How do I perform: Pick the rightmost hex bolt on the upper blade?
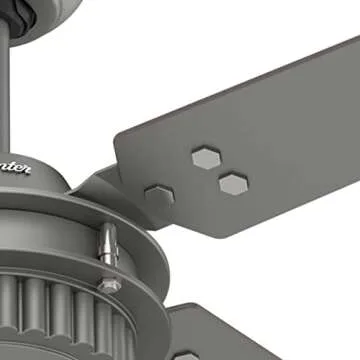[x=232, y=182]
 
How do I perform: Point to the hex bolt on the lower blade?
[x=186, y=355]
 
